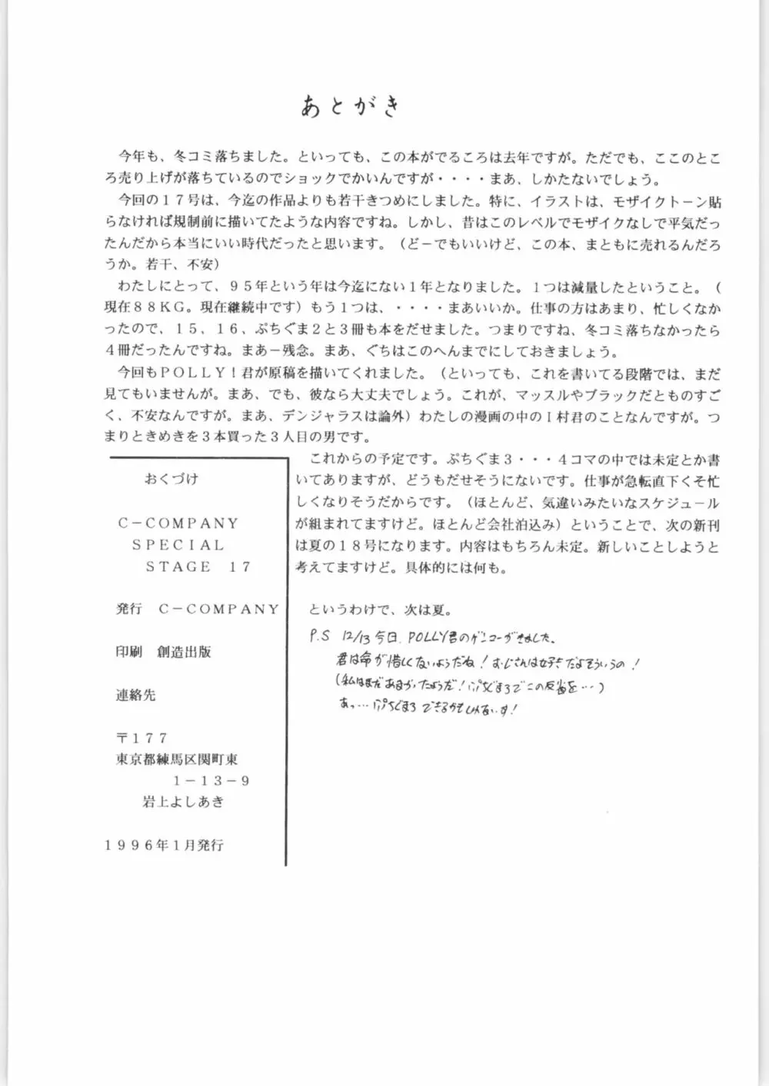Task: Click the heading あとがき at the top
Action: (x=351, y=107)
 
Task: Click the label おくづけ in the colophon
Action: (x=171, y=479)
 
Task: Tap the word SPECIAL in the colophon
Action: (x=178, y=545)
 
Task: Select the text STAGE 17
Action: (x=198, y=566)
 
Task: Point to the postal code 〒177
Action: (x=141, y=737)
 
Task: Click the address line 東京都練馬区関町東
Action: (x=177, y=759)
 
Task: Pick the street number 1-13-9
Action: (x=211, y=780)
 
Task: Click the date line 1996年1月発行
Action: (x=164, y=845)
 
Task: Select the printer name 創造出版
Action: (x=184, y=652)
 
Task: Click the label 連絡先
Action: (x=135, y=695)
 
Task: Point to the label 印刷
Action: (x=129, y=652)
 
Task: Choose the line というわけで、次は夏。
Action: (x=381, y=610)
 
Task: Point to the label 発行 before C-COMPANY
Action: (x=129, y=609)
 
